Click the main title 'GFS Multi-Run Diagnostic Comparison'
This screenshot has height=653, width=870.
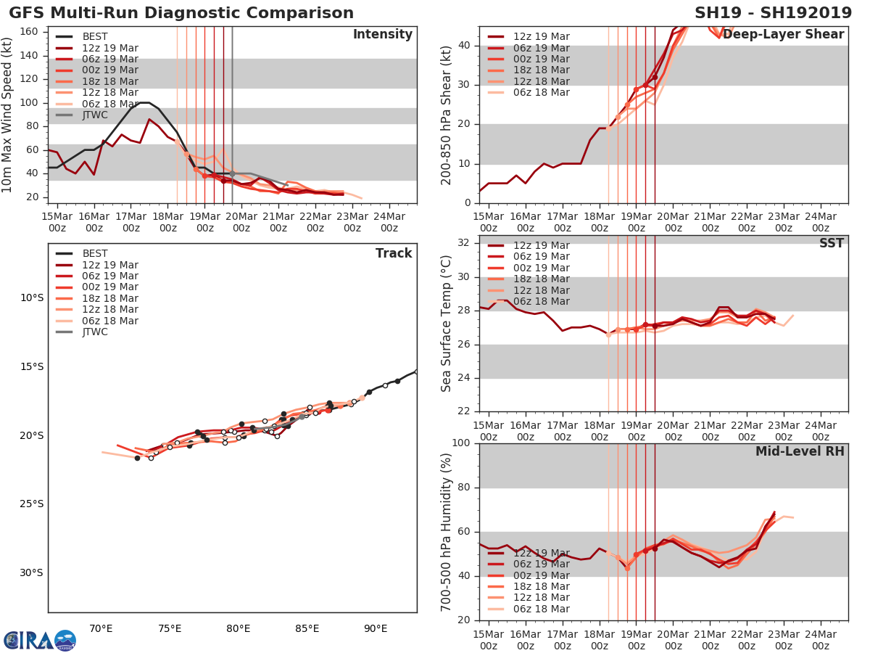point(181,13)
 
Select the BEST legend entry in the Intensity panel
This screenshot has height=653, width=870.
point(95,37)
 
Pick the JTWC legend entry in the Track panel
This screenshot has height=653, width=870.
point(95,332)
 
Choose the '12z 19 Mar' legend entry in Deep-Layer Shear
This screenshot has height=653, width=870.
point(540,37)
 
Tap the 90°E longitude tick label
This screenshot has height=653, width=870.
point(376,628)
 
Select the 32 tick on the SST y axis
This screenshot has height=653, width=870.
point(465,243)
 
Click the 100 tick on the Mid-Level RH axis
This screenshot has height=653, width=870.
point(462,443)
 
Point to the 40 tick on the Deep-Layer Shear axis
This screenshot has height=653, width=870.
point(465,46)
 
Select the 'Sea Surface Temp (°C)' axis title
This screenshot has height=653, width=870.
point(447,324)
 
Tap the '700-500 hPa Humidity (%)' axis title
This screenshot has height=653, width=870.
point(447,531)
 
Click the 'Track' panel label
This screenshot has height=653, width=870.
point(393,254)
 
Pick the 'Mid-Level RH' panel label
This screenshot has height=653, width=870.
point(800,452)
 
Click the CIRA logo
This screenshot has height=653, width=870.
point(39,640)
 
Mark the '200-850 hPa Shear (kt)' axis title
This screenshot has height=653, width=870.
point(447,115)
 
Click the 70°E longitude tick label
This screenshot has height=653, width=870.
point(100,628)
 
